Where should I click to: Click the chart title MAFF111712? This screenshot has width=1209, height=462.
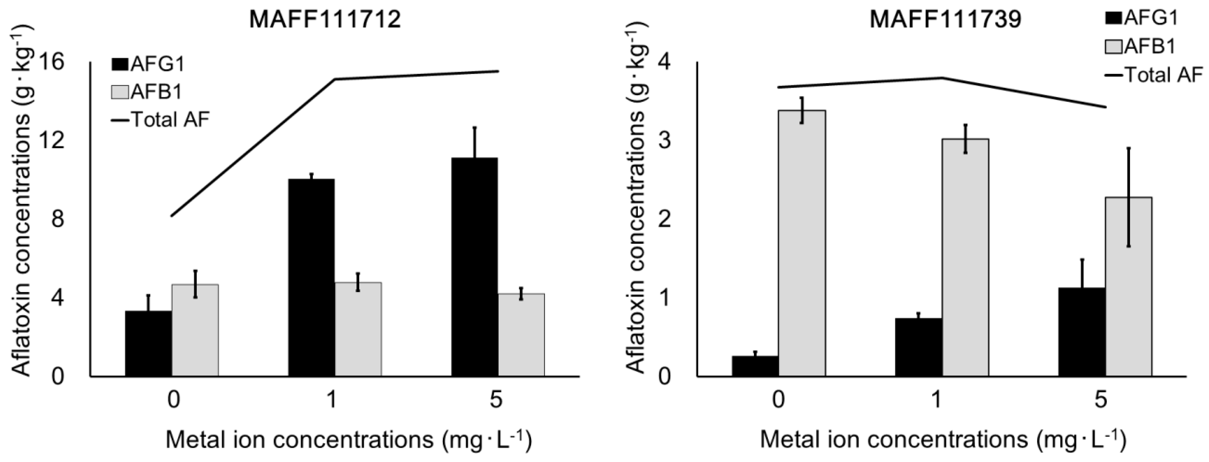[325, 20]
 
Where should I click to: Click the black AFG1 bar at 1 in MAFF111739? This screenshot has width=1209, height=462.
[918, 347]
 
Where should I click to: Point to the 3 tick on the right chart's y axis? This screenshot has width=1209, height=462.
[665, 140]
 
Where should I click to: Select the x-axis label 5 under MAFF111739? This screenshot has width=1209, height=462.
[1100, 400]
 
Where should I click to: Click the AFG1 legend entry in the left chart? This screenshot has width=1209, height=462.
[148, 64]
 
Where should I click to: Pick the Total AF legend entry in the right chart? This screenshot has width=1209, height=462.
[1154, 75]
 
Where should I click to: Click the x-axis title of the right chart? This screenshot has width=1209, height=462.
[942, 440]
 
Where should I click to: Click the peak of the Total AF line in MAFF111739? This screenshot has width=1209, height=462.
[942, 78]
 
